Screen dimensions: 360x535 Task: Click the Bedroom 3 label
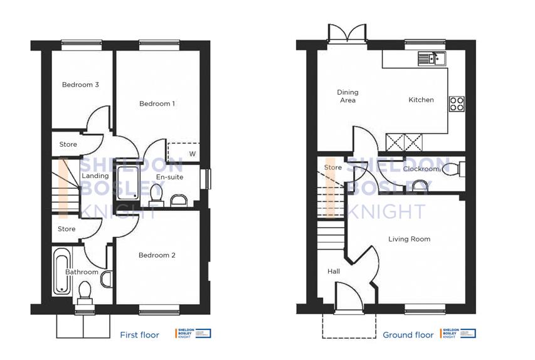[80, 85]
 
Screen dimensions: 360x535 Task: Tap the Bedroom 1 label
[157, 103]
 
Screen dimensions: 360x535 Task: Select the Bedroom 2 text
[157, 255]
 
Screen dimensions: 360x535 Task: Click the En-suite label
[169, 177]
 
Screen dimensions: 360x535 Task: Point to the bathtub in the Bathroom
[62, 272]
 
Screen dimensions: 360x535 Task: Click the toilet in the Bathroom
[84, 292]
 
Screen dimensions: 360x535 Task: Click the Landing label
[95, 176]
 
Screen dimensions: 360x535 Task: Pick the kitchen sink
[431, 59]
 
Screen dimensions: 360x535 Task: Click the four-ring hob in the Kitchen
[457, 103]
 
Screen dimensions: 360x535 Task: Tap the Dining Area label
[347, 97]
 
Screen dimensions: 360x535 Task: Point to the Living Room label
[409, 239]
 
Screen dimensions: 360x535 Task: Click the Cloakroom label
[421, 169]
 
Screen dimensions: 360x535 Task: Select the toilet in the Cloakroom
[457, 169]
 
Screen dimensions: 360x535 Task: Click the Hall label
[334, 272]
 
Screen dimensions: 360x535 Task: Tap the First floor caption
[139, 335]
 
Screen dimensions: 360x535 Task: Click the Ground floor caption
[408, 335]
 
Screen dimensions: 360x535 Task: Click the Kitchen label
[421, 100]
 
